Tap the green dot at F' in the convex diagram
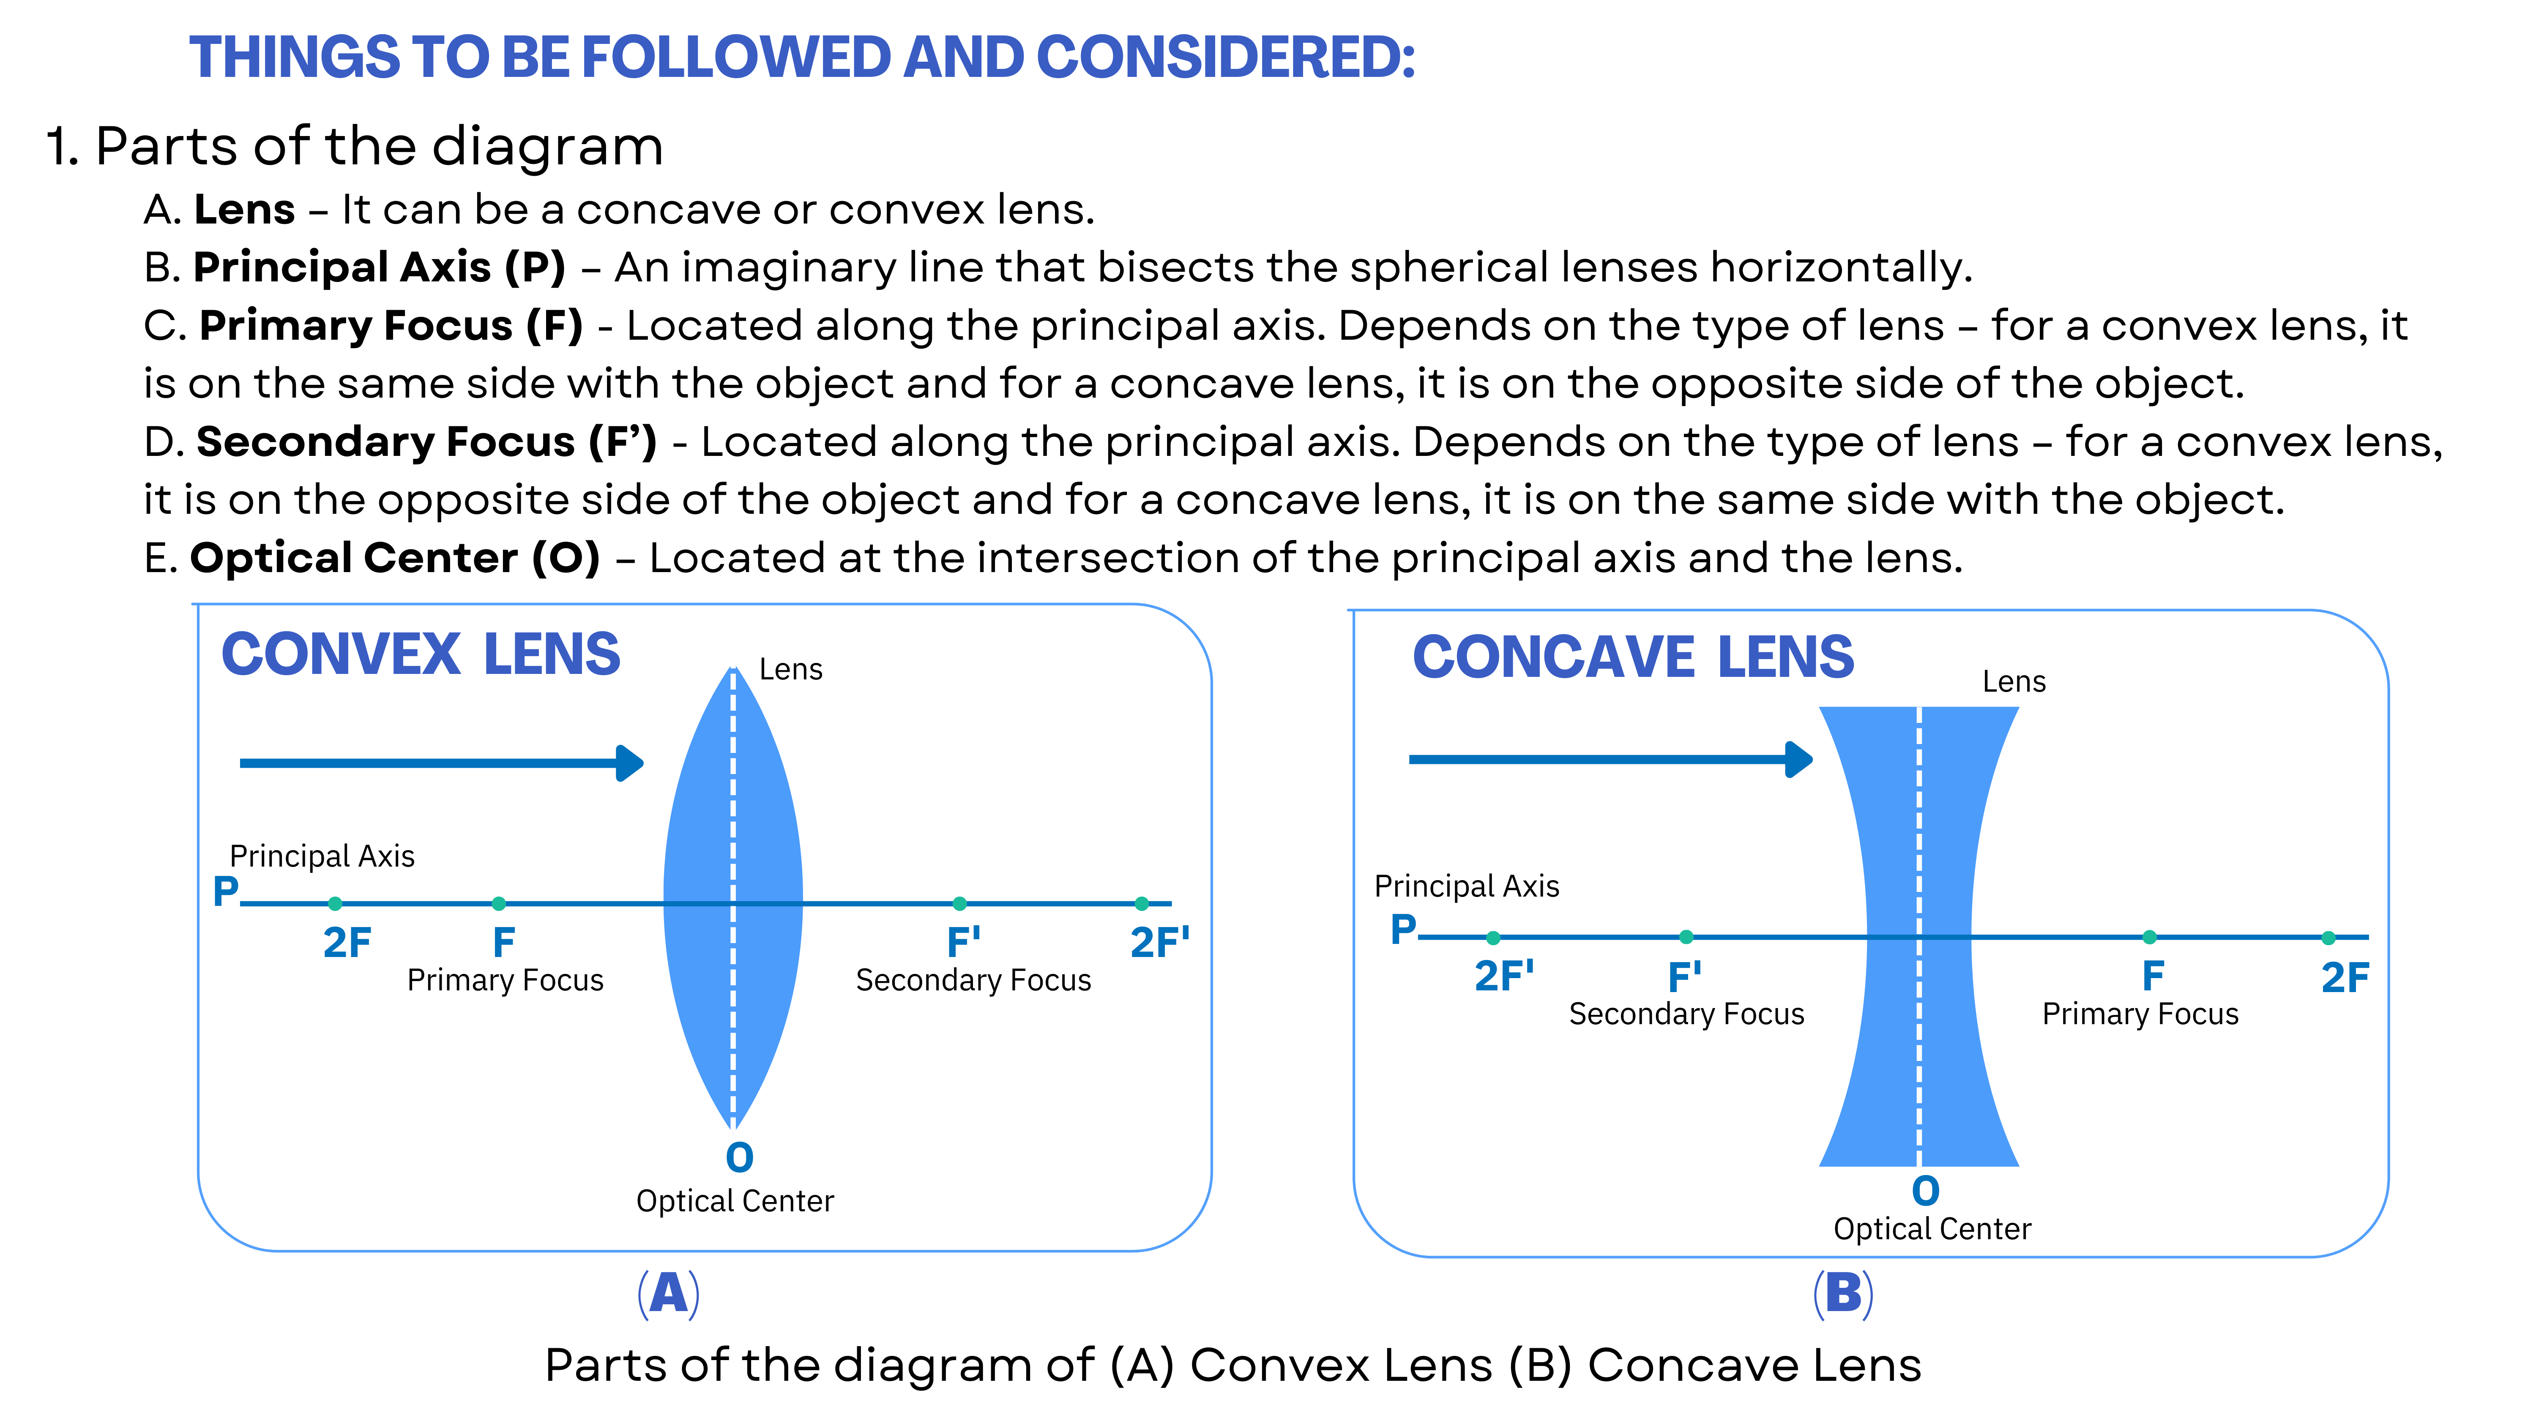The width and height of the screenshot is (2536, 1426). point(960,903)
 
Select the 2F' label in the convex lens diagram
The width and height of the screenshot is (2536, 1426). point(1160,943)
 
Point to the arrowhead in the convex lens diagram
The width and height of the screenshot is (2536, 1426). point(630,763)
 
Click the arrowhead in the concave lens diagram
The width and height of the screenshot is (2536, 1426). point(1800,759)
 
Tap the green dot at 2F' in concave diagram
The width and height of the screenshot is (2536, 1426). point(1493,938)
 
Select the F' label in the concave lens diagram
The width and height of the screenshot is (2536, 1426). point(1684,977)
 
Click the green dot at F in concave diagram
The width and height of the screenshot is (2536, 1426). point(2149,938)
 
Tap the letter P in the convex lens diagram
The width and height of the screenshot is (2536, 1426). point(225,892)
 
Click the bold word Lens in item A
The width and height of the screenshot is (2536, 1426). point(244,210)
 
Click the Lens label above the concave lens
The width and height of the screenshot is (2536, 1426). point(2013,682)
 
